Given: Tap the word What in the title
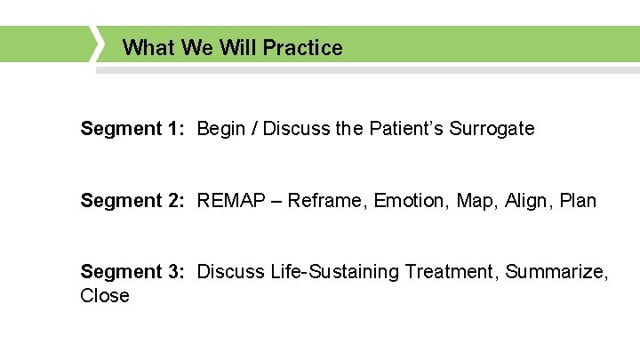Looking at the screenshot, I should (x=148, y=48).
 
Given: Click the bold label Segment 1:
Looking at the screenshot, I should (x=132, y=129).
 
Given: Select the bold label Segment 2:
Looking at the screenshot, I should (x=132, y=201).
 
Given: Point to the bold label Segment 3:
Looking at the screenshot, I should (x=132, y=272).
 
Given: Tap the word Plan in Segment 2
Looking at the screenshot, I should (x=579, y=201).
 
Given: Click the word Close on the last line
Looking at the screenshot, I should (x=105, y=296).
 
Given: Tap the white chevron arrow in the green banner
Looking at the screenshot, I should (x=98, y=44).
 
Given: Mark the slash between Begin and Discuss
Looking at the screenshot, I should (x=254, y=129).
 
